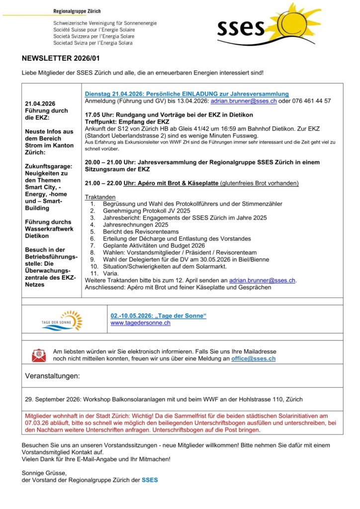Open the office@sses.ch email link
click(x=253, y=358)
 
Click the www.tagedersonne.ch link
click(x=140, y=323)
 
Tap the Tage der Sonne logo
click(x=62, y=321)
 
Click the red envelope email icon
click(x=39, y=354)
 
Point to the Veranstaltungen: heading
click(x=52, y=376)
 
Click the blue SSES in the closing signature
click(x=150, y=480)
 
